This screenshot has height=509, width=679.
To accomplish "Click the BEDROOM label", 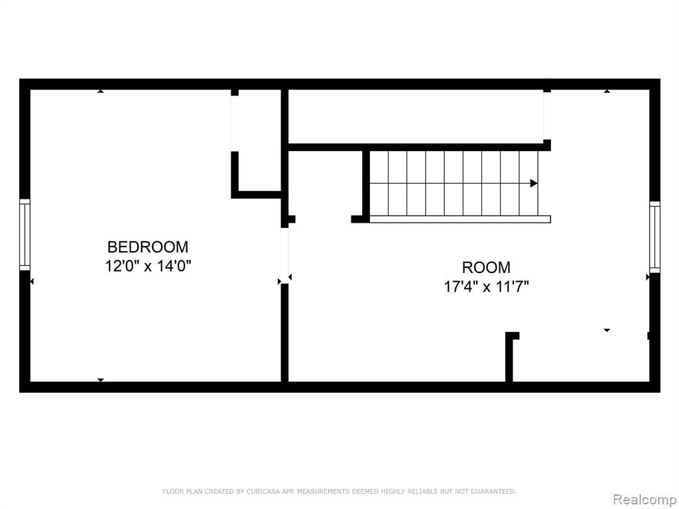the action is (x=148, y=247).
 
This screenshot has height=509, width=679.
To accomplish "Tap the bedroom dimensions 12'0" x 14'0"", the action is (x=148, y=265).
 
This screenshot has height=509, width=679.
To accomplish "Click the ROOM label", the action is (x=486, y=268).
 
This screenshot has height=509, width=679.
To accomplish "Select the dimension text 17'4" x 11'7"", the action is (x=486, y=286).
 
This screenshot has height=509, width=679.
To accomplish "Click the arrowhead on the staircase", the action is (x=534, y=183).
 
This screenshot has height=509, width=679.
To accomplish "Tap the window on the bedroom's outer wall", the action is (x=25, y=235).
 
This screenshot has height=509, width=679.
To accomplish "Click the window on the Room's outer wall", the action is (x=654, y=237).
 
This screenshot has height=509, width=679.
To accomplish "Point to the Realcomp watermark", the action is (x=645, y=499).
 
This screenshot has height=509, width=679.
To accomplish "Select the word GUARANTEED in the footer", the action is (x=493, y=491).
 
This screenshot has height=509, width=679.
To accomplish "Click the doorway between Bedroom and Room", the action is (x=284, y=255).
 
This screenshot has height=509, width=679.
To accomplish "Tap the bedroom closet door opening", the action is (x=235, y=123).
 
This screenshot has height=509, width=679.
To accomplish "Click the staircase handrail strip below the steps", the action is (x=460, y=219).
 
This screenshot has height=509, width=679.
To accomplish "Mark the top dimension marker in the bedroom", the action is (x=101, y=91).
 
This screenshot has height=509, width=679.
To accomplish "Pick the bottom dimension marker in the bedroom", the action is (x=101, y=380).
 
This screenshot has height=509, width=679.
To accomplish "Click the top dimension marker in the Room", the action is (x=607, y=91).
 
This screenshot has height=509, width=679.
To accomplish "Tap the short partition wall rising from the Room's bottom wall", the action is (x=509, y=357).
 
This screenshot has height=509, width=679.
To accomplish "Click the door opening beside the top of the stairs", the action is (x=547, y=116).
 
